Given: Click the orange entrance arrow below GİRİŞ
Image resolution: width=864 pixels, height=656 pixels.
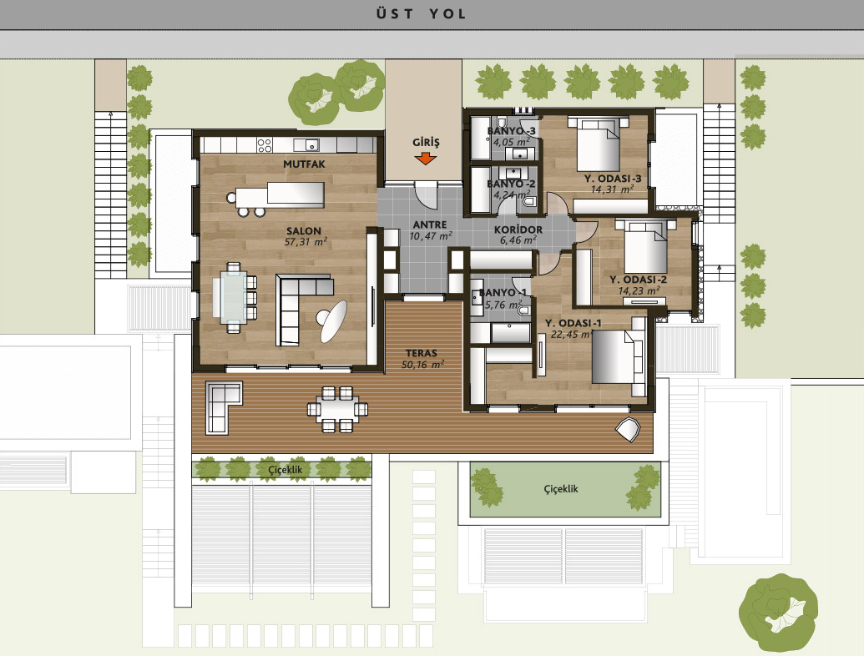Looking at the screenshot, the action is pyautogui.click(x=426, y=159).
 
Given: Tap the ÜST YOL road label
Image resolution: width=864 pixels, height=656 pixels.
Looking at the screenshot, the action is pyautogui.click(x=422, y=13).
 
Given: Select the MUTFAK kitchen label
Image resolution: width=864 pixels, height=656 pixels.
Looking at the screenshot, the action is pyautogui.click(x=304, y=164).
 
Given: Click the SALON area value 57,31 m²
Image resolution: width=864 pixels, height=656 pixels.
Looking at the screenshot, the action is pyautogui.click(x=306, y=242).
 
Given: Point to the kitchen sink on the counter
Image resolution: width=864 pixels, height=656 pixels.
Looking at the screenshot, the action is pyautogui.click(x=306, y=145).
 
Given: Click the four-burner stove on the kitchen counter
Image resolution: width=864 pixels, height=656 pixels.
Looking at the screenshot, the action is pyautogui.click(x=265, y=145).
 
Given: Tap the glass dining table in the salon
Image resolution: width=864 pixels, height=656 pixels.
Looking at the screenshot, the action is pyautogui.click(x=230, y=297).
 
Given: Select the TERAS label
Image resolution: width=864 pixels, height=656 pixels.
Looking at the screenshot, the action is pyautogui.click(x=422, y=353).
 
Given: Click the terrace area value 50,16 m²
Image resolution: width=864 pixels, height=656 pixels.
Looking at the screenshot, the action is pyautogui.click(x=422, y=365).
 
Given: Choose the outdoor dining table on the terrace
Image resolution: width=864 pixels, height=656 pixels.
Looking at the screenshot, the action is pyautogui.click(x=337, y=409).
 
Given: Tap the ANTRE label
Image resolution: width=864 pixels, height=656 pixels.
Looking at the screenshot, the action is pyautogui.click(x=430, y=225).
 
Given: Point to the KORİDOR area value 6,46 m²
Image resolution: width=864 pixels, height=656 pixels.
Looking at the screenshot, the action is pyautogui.click(x=518, y=240).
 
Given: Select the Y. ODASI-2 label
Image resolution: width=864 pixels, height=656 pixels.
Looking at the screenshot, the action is pyautogui.click(x=638, y=280).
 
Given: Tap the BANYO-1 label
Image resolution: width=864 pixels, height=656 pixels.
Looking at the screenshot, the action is pyautogui.click(x=503, y=293).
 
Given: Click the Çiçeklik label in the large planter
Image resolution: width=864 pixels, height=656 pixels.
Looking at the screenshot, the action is pyautogui.click(x=561, y=488).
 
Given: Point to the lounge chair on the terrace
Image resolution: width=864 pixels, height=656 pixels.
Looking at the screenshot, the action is pyautogui.click(x=628, y=430).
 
